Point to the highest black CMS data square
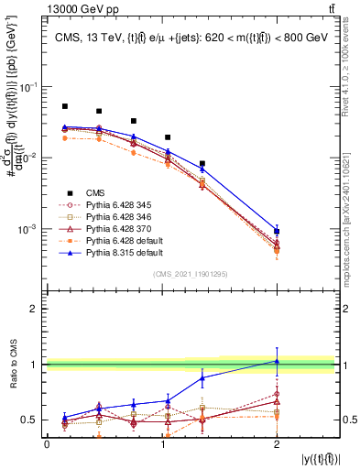(x=65, y=106)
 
